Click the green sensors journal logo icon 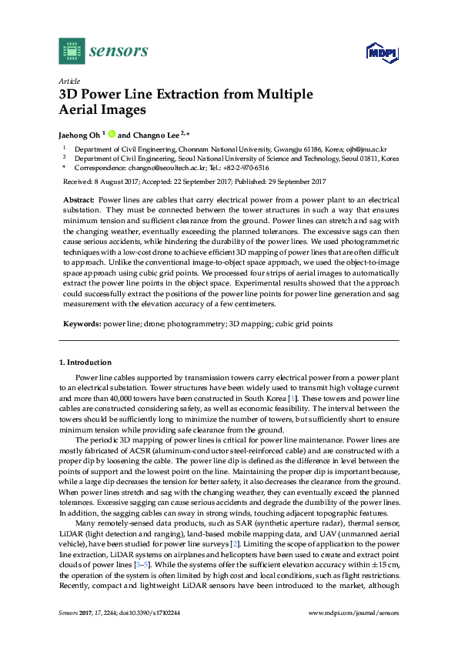(x=71, y=51)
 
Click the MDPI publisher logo (x=382, y=52)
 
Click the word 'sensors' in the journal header (x=119, y=52)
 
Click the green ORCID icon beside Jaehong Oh (x=111, y=133)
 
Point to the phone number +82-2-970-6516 (x=245, y=167)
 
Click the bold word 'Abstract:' (x=79, y=199)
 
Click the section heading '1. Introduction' (x=85, y=362)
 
